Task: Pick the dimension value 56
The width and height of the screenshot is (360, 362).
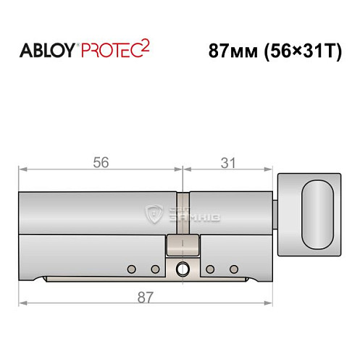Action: click(x=101, y=163)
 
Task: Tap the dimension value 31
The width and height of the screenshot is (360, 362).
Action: click(x=229, y=163)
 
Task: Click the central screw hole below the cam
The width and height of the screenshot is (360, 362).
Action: click(x=182, y=269)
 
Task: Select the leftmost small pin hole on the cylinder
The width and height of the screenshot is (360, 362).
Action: click(x=131, y=269)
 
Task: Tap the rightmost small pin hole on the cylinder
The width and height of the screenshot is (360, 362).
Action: click(x=233, y=269)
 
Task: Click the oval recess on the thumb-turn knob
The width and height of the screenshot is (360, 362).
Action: click(x=317, y=214)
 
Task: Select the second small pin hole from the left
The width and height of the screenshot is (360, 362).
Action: click(x=154, y=269)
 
